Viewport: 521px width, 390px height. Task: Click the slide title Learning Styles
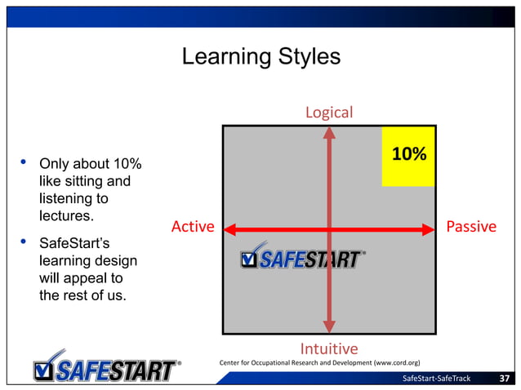coord(260,58)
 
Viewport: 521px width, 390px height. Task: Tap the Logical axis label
coord(329,112)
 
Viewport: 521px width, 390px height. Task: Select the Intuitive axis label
coord(329,349)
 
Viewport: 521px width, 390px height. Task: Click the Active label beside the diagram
coord(193,226)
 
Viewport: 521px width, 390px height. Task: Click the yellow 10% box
coord(408,156)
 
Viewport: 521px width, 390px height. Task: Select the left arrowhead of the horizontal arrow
coord(230,230)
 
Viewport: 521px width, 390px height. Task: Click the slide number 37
coord(505,378)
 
